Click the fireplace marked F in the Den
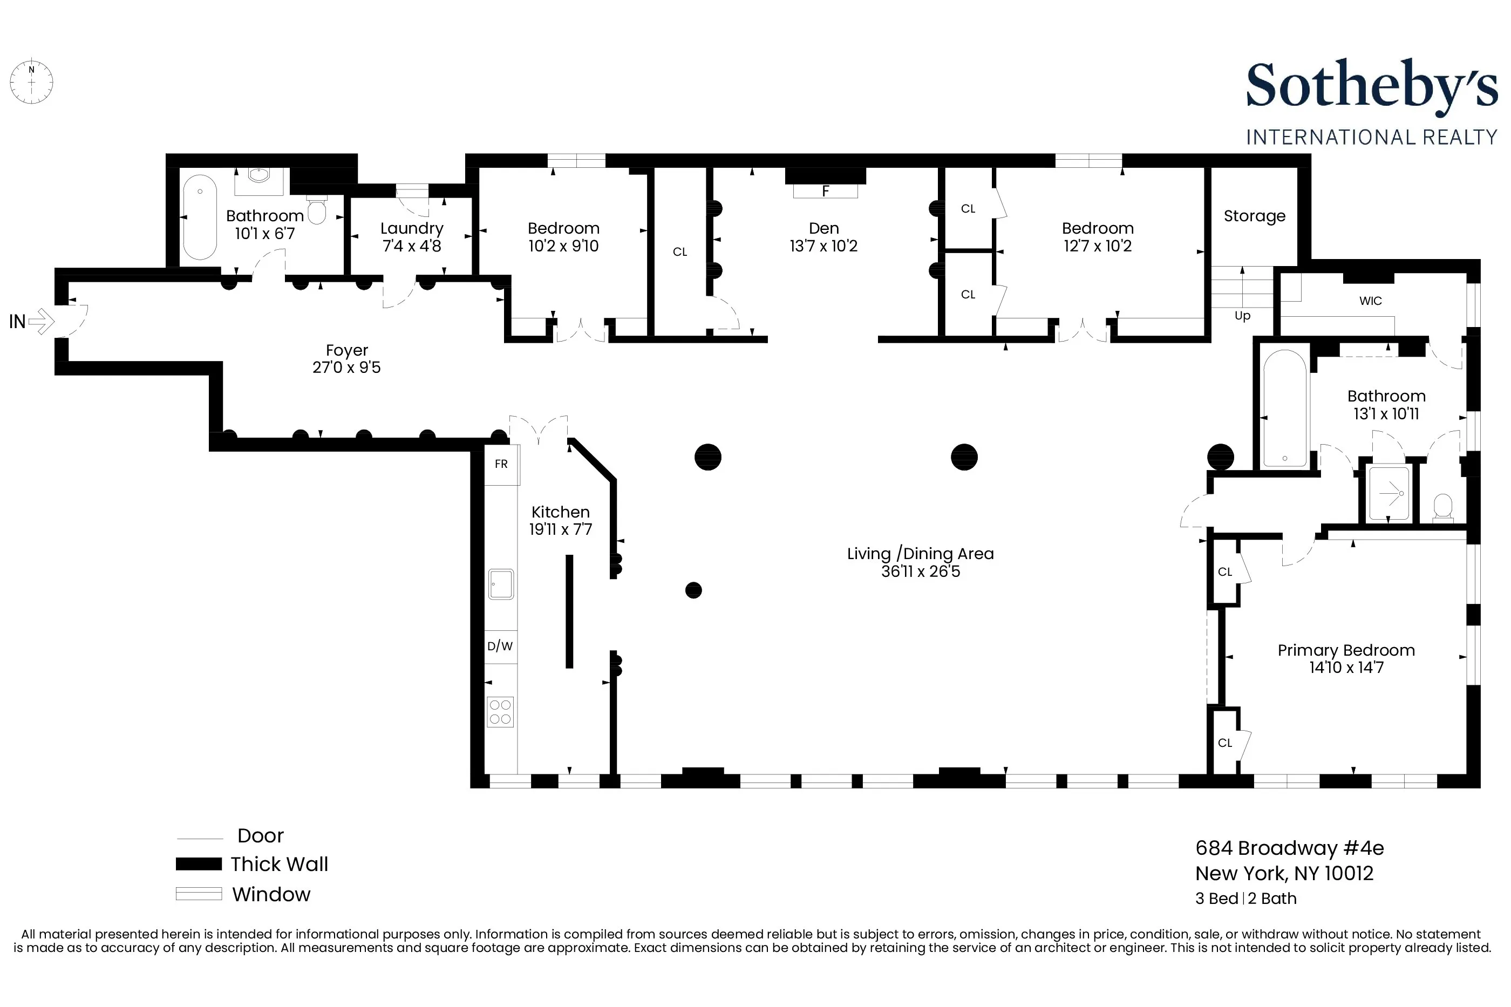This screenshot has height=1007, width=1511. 825,190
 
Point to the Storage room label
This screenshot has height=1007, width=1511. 1254,216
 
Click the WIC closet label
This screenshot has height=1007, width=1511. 1370,301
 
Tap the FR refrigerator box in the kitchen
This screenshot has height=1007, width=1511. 501,464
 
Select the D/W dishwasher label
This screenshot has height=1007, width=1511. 500,646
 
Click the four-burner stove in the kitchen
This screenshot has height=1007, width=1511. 500,712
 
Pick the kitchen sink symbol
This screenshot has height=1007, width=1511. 500,584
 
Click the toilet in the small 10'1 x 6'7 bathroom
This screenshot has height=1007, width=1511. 317,209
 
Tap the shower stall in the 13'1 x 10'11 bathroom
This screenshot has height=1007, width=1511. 1389,493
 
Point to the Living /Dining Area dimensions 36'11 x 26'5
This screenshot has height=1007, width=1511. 920,571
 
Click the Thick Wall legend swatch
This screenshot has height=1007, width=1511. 199,864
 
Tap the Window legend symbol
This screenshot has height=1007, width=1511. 199,893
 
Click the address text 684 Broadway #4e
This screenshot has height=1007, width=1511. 1289,848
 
